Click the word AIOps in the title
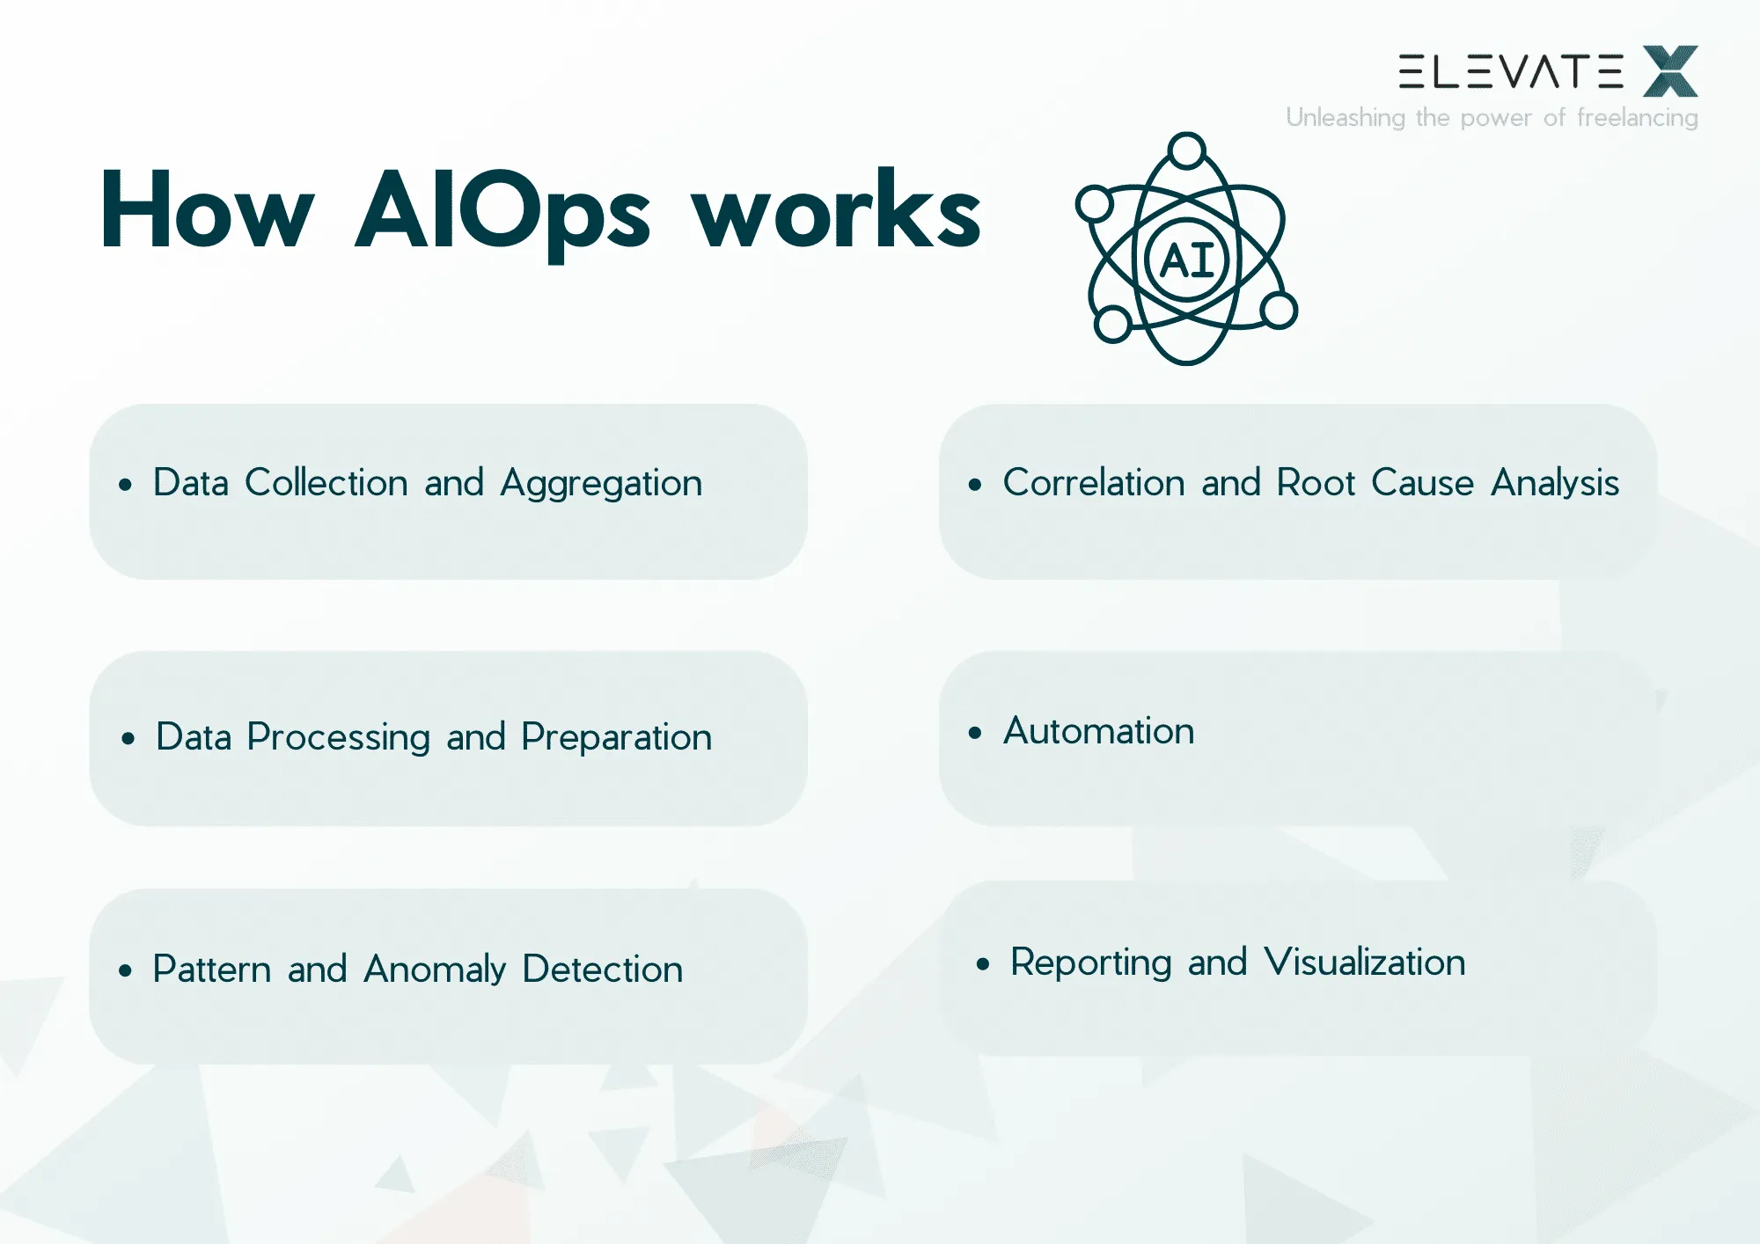(502, 211)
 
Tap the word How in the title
(208, 211)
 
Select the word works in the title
(836, 211)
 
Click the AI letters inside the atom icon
(1187, 260)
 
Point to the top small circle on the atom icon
(1187, 150)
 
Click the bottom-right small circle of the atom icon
(1278, 310)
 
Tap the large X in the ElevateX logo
(1670, 71)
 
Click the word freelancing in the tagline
(1637, 118)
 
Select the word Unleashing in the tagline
(1345, 118)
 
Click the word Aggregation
(601, 484)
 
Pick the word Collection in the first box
(326, 483)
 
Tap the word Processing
(338, 737)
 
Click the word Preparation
(616, 737)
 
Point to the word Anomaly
(435, 970)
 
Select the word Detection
(603, 970)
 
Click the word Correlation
(1094, 483)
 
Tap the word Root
(1316, 483)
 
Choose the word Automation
(1099, 731)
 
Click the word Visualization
(1365, 962)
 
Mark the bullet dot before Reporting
(983, 964)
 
